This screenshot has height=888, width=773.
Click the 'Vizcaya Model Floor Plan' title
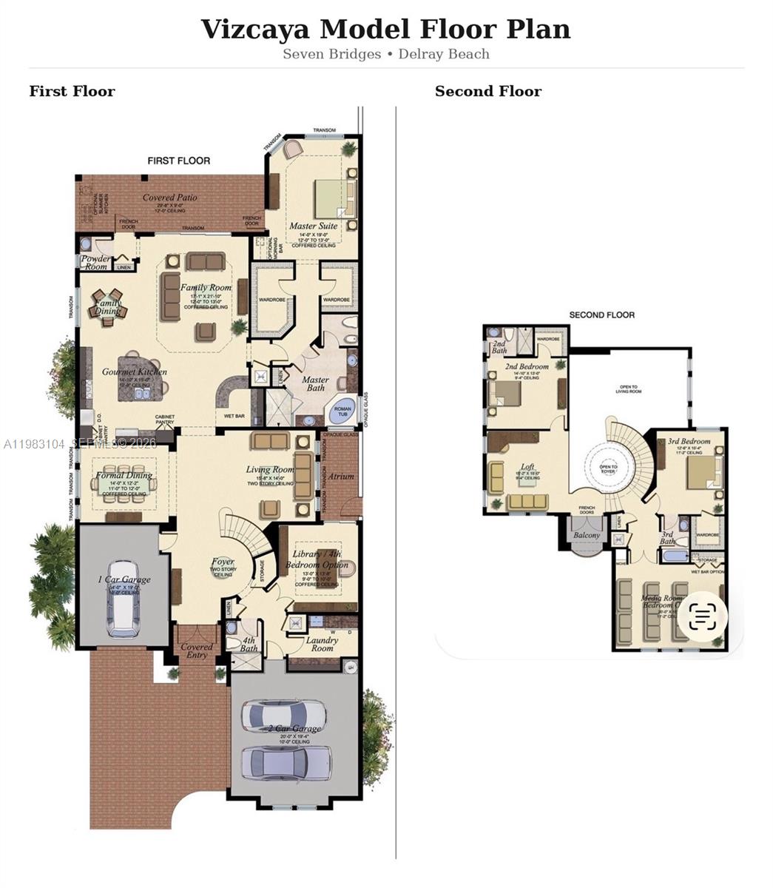tap(385, 30)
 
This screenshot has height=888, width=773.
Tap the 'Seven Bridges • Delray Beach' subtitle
tap(385, 54)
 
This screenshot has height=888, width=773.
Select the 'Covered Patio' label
tap(169, 198)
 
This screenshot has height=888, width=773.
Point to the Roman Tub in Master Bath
tap(342, 411)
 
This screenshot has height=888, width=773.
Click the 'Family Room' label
tap(206, 287)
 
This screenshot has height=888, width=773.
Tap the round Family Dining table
tap(108, 303)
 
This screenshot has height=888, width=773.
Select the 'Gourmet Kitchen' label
tap(134, 371)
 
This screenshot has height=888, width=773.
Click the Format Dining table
tap(124, 485)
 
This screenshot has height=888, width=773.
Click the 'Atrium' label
tap(341, 477)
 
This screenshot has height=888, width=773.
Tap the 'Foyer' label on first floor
tap(223, 562)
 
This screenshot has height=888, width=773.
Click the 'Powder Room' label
tap(95, 263)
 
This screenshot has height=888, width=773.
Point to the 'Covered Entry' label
tap(197, 650)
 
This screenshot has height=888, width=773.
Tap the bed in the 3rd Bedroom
tap(703, 472)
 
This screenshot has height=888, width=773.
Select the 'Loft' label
tap(527, 467)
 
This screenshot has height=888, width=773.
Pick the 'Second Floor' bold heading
tap(487, 91)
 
